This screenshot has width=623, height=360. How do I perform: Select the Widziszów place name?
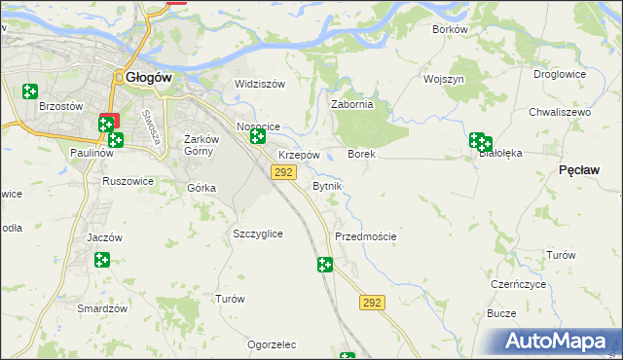point(260,84)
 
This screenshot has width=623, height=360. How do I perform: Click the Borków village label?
point(450,29)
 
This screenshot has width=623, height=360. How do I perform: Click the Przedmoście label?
point(365,236)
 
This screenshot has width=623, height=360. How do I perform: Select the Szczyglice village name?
point(258,234)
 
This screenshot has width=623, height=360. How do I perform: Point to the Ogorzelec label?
point(272,345)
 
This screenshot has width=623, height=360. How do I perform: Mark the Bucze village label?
point(501,313)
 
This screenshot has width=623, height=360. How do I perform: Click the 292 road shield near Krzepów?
point(283,172)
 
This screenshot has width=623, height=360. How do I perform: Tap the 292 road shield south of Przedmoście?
point(372,303)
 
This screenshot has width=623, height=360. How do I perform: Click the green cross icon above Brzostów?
point(30,91)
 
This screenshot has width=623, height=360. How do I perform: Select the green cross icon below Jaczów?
point(102,260)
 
